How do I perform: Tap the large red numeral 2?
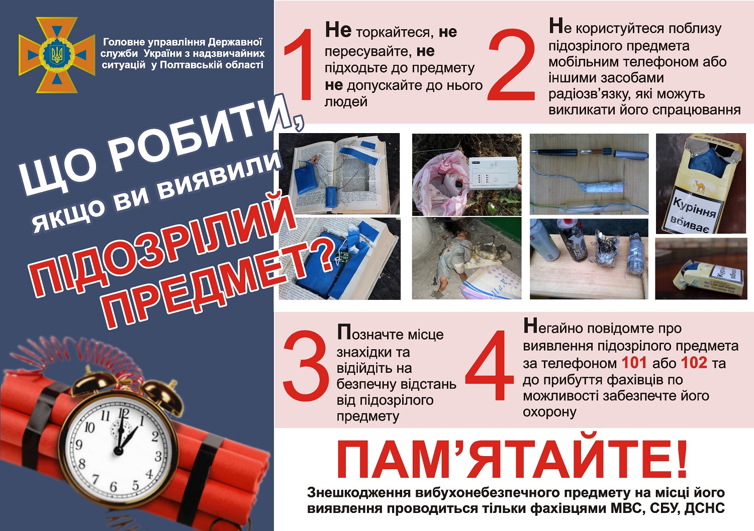(512, 65)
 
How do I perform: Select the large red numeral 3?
(306, 366)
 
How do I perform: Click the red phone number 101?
(634, 362)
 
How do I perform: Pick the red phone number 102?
(694, 362)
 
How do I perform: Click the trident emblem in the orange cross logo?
(56, 55)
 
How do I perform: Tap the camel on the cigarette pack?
(700, 186)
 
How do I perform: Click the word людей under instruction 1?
(346, 101)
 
